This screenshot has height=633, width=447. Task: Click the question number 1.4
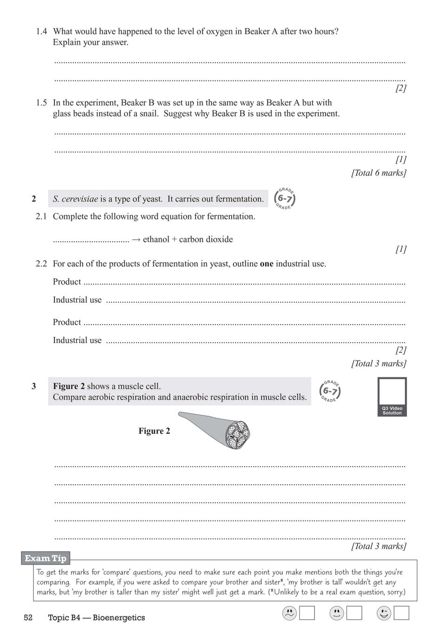pos(41,32)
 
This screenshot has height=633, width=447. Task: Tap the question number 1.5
pos(41,103)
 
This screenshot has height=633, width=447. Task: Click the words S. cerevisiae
pos(75,199)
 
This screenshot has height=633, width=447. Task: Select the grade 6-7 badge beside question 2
pos(285,199)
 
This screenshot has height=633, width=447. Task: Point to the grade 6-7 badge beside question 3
pos(330,391)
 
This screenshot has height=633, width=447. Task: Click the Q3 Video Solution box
pos(392,397)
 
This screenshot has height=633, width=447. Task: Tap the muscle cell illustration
pos(219,429)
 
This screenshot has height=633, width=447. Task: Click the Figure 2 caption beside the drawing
pos(154,431)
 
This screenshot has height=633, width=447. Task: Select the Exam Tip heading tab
pos(46,558)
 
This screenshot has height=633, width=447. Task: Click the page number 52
pos(28,618)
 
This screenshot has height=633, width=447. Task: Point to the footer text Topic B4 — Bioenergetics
pos(96,618)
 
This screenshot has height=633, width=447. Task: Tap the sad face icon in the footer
pos(289,613)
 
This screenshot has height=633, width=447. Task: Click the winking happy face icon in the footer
pos(384,613)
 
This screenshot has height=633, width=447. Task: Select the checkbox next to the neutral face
pos(354,613)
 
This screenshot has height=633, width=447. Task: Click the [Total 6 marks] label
pos(379,173)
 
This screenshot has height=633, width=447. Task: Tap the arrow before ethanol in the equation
pos(136,240)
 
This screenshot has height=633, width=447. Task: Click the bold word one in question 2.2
pos(267,264)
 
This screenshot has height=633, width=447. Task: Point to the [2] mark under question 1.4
pos(400,88)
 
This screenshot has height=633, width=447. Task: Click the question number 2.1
pos(41,216)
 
